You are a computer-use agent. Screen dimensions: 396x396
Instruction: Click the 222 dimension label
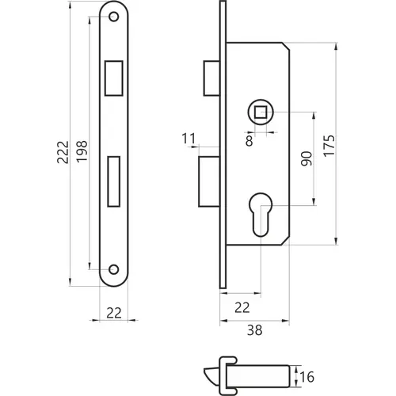click(x=63, y=152)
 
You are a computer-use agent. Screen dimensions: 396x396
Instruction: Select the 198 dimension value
click(x=82, y=151)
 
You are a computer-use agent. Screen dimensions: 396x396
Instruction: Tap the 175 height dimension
click(x=329, y=146)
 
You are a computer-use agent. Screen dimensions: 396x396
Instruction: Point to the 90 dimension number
click(x=307, y=158)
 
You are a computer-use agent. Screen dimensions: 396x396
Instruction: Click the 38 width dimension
click(x=255, y=330)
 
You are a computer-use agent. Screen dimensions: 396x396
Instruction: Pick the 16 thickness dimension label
click(x=307, y=377)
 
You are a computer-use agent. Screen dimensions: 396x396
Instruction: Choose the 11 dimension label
click(x=188, y=139)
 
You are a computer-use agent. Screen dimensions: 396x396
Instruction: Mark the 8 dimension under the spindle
click(x=249, y=140)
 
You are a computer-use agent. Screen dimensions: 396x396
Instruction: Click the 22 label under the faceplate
click(x=114, y=313)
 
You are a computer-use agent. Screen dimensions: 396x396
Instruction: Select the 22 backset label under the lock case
click(x=242, y=307)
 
